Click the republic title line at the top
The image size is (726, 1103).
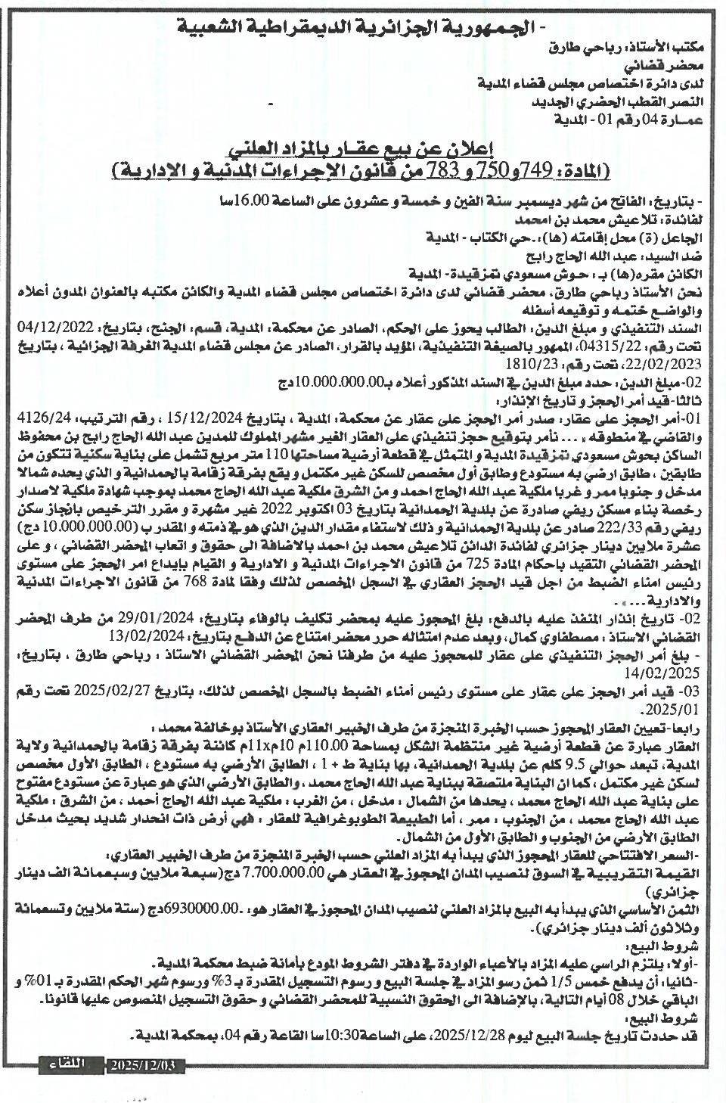[360, 28]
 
